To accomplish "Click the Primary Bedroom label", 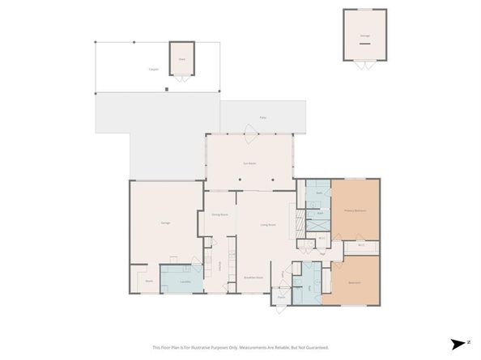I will (x=355, y=210).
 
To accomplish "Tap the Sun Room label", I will (x=250, y=164).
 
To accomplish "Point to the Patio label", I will (x=262, y=118).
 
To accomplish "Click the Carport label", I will (x=153, y=70).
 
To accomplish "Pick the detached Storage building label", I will (x=364, y=36).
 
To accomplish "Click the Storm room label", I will (x=149, y=282).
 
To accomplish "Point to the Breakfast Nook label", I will (x=253, y=277).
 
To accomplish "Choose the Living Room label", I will (x=268, y=224).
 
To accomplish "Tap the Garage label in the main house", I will (x=164, y=222).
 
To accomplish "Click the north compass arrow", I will (x=458, y=342).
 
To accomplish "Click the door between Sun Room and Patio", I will (x=249, y=133).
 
